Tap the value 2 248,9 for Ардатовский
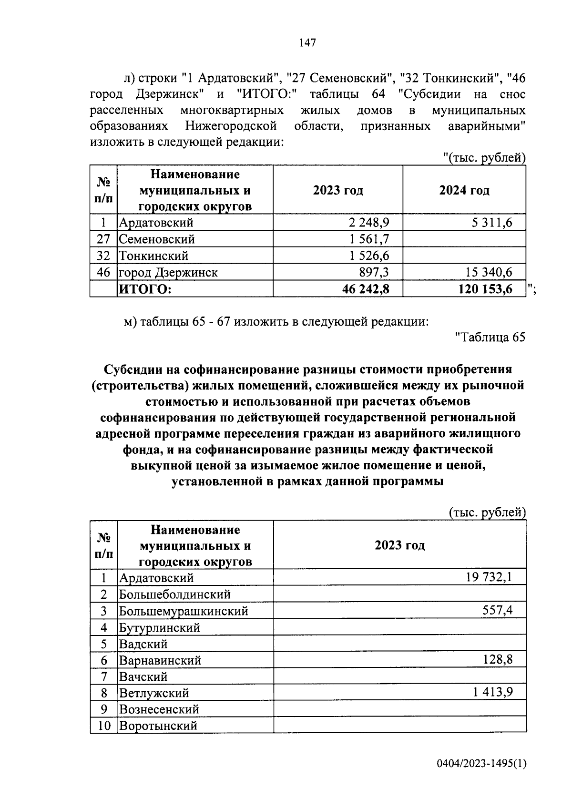tap(368, 222)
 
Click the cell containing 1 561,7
tap(368, 239)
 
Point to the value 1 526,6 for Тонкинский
tap(368, 256)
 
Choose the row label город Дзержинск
tap(168, 272)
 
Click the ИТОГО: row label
tap(145, 289)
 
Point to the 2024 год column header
tap(464, 190)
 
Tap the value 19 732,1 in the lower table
tap(490, 577)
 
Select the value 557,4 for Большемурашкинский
tap(497, 610)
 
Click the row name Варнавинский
tap(160, 660)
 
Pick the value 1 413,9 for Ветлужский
tap(493, 692)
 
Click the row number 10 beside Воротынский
tap(103, 726)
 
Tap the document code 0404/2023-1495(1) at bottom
tap(481, 764)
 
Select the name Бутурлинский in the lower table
tap(159, 627)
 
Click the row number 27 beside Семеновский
tap(103, 239)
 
